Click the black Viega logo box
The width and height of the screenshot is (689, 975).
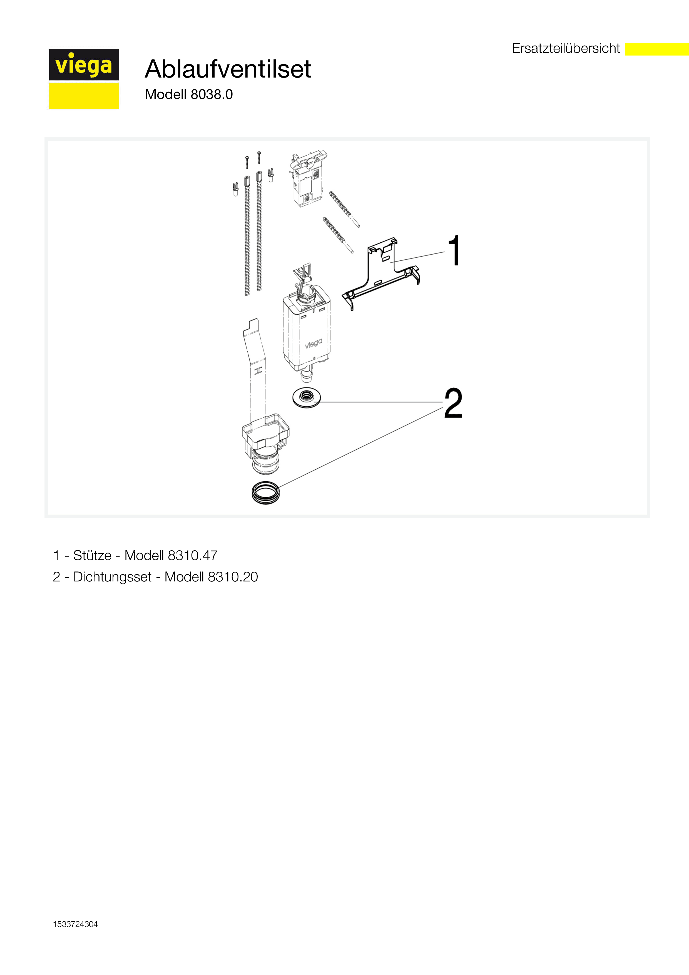click(84, 64)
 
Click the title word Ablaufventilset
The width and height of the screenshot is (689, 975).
click(228, 69)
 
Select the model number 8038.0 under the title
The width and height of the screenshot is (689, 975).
click(212, 94)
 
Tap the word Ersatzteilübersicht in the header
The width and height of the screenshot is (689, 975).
click(566, 48)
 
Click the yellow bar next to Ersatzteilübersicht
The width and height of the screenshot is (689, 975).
click(657, 49)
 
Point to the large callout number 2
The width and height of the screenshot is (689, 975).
click(453, 403)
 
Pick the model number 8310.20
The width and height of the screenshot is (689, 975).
click(233, 577)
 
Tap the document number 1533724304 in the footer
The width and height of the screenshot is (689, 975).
click(75, 924)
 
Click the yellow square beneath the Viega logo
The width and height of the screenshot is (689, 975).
click(84, 96)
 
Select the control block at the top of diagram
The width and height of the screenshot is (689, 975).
click(308, 178)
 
